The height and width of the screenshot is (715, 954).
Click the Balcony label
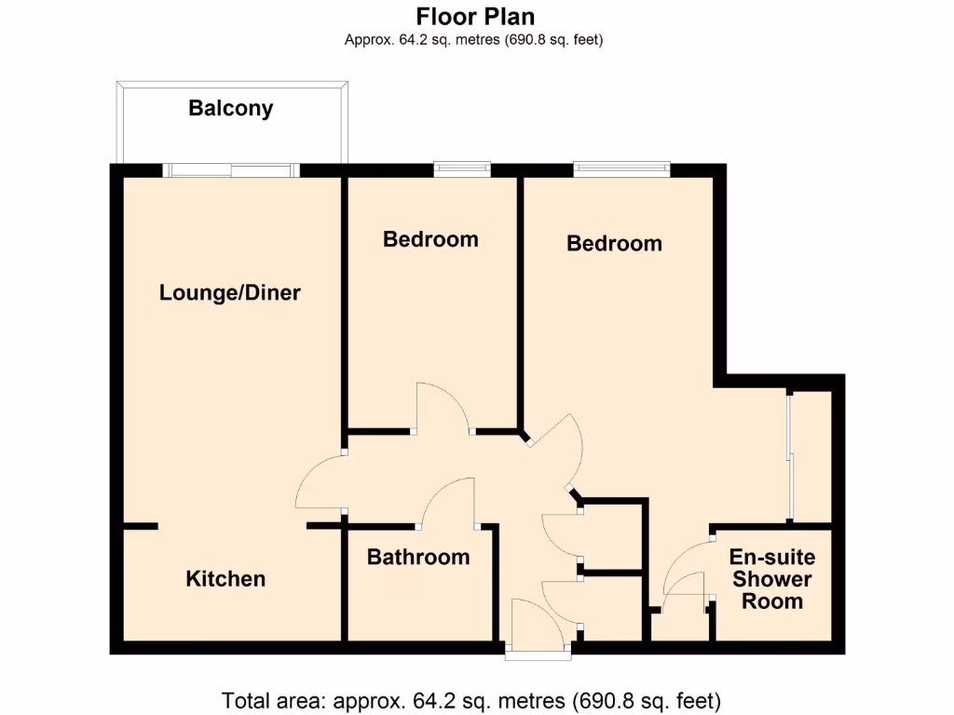tap(231, 108)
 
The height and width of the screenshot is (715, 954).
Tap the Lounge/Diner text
tap(230, 293)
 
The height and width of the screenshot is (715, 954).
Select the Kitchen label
tap(225, 579)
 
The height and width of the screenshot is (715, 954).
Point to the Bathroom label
tap(418, 558)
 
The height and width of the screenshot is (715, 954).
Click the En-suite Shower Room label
tap(771, 579)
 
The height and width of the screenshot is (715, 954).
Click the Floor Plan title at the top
tap(475, 16)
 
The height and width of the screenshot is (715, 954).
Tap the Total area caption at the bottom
tap(471, 699)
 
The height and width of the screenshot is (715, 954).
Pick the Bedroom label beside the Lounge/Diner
tap(430, 239)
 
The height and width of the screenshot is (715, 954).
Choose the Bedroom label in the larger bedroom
tap(615, 244)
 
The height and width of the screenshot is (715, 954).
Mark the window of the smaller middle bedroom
tap(462, 169)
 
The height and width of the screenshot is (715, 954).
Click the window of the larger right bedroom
tap(621, 169)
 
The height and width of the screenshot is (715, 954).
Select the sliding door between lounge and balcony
tap(231, 170)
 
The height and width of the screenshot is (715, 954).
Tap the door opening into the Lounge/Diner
tap(319, 482)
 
